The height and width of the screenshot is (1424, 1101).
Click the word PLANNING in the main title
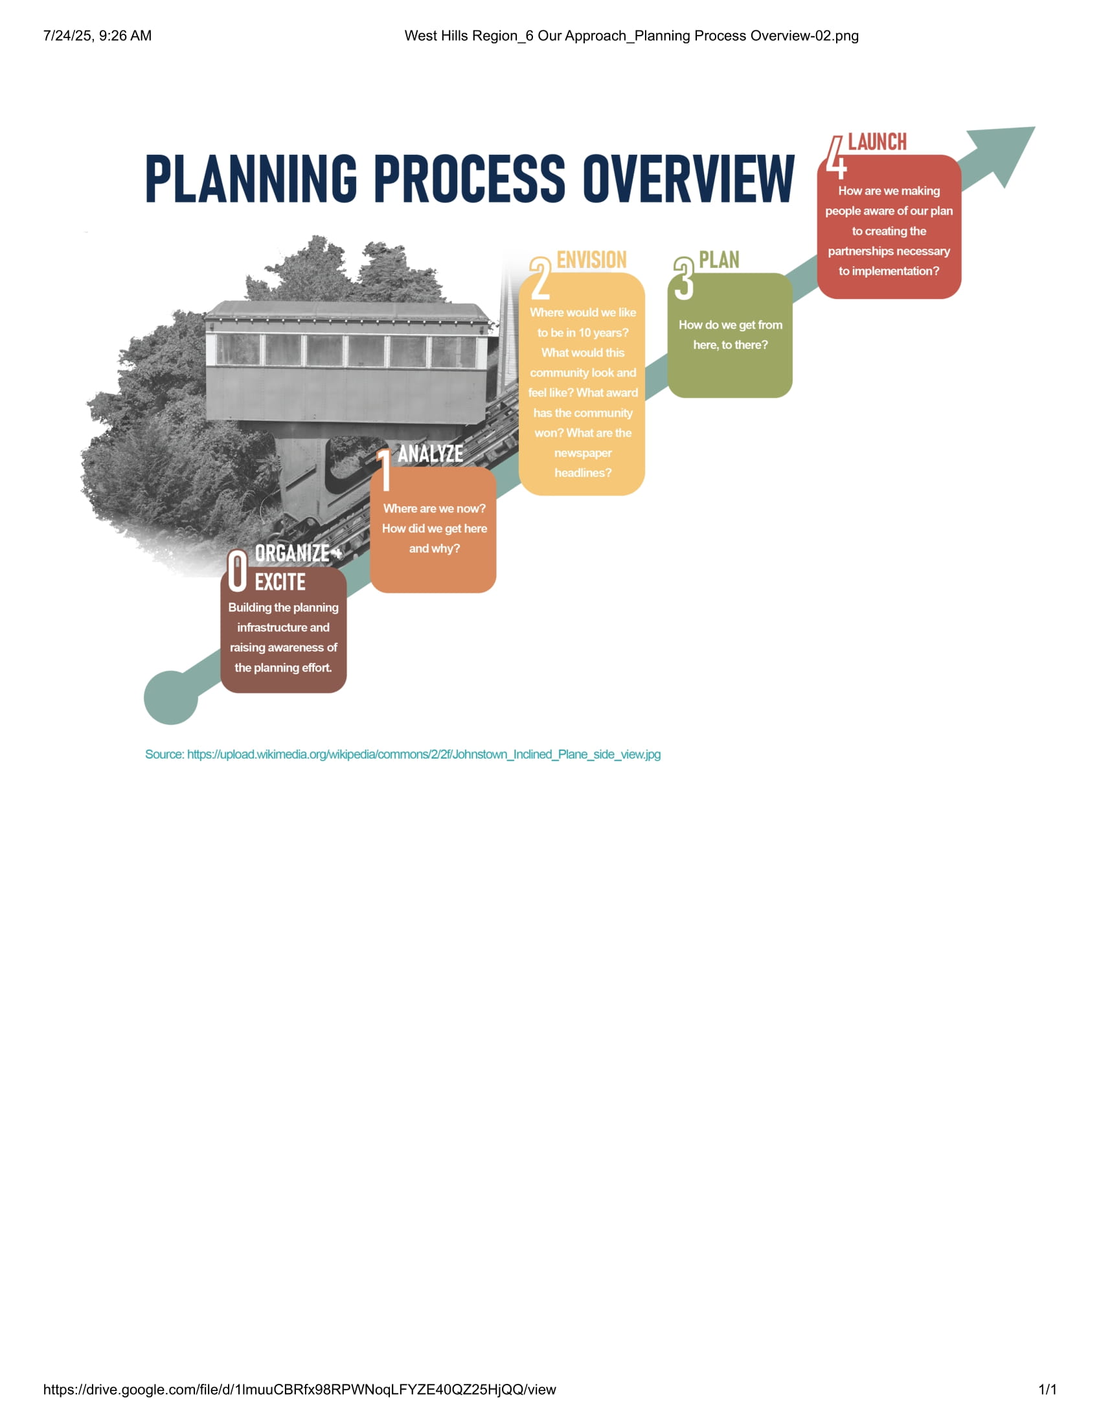[251, 178]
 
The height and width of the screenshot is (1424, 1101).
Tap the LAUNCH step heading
[877, 142]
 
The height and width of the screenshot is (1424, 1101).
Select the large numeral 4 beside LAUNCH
[835, 158]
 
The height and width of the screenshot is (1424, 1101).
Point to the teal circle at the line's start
[170, 698]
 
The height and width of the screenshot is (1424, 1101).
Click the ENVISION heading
[591, 260]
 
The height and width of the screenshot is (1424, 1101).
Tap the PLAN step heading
[719, 260]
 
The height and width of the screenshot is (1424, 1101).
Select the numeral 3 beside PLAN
[683, 278]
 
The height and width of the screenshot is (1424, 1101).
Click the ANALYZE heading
[431, 454]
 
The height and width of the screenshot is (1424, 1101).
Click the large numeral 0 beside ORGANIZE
[238, 570]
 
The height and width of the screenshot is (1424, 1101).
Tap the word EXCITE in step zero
[280, 582]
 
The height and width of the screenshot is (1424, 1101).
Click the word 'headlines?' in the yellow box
[582, 473]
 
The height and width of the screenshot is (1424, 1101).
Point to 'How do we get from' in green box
[730, 325]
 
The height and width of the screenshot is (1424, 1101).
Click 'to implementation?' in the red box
[889, 271]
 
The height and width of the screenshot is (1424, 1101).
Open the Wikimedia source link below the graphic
[402, 754]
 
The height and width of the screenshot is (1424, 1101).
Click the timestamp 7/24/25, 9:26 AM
[97, 36]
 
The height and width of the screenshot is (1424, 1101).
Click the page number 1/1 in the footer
[1047, 1390]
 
